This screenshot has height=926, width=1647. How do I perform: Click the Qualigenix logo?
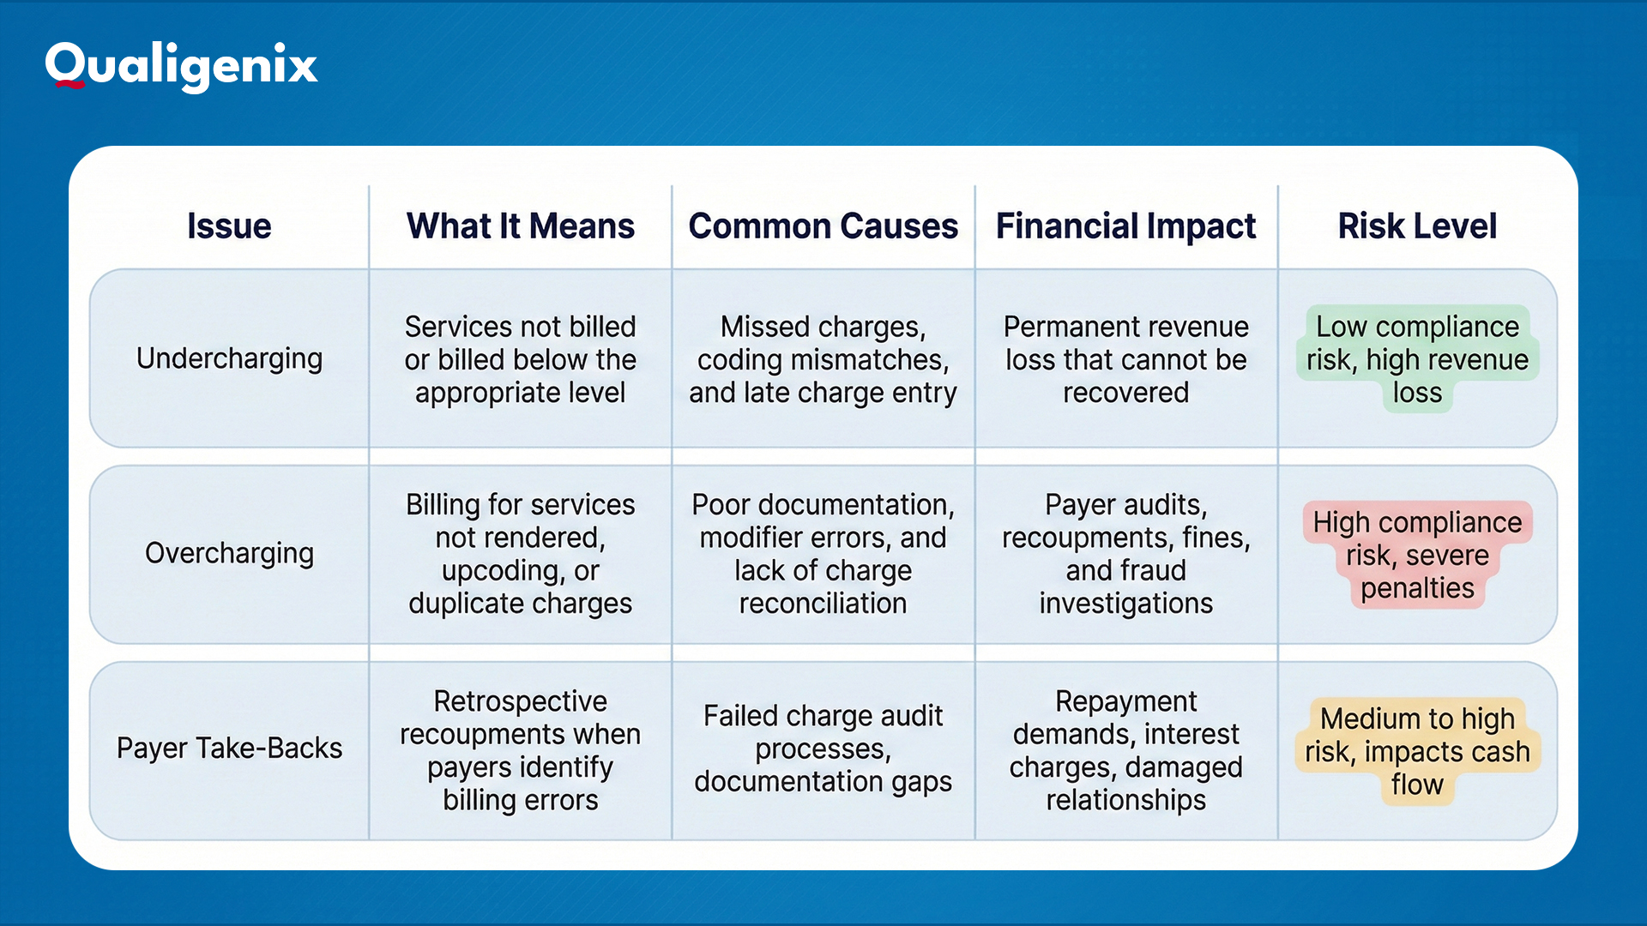(x=181, y=65)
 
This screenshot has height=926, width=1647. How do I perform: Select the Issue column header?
(x=229, y=226)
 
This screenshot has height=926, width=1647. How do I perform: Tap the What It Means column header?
(x=520, y=226)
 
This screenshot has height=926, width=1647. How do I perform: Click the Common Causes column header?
(x=823, y=226)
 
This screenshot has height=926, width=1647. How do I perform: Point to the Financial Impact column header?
(x=1125, y=226)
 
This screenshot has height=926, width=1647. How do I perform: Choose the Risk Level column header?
(x=1417, y=226)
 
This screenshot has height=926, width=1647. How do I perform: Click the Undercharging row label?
(x=229, y=358)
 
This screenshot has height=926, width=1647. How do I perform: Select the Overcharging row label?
(x=229, y=554)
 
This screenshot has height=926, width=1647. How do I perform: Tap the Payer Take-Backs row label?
(x=229, y=749)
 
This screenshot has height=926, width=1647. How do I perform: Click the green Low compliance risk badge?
(x=1417, y=359)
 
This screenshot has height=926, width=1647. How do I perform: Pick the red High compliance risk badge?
(x=1417, y=555)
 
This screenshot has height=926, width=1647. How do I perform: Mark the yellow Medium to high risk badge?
(x=1417, y=751)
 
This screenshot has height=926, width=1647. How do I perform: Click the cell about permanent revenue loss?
(x=1125, y=359)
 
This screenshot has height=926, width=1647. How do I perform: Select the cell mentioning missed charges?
(x=823, y=359)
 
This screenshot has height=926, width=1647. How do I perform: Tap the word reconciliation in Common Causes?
(x=823, y=604)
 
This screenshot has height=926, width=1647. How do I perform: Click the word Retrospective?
(x=520, y=701)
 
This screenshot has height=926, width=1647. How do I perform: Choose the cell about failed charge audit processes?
(x=823, y=749)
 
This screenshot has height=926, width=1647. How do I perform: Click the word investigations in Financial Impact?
(x=1125, y=604)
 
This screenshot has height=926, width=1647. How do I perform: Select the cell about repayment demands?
(x=1125, y=750)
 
